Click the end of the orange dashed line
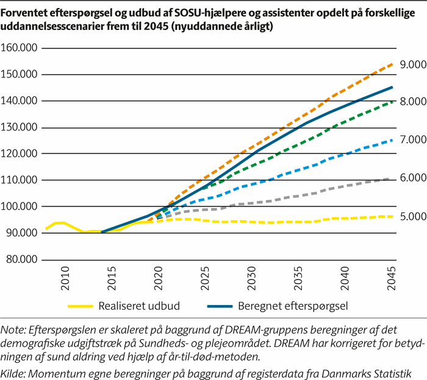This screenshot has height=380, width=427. (x=392, y=63)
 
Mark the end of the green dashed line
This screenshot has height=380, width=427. (x=392, y=101)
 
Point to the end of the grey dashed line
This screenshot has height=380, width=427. (x=392, y=179)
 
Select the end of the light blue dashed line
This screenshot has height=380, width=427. (x=392, y=140)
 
